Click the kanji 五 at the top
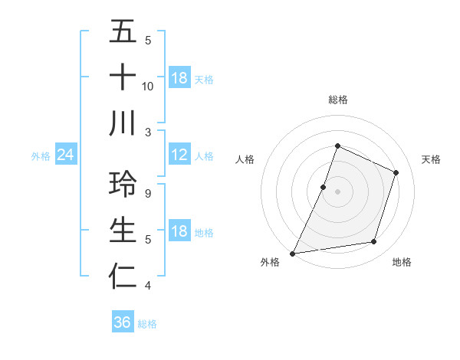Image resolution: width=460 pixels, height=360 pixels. point(123,32)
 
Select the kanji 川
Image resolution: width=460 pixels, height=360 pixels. point(123,123)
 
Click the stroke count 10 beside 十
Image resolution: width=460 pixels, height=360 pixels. point(148,86)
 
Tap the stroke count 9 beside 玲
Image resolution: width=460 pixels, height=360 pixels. point(148,193)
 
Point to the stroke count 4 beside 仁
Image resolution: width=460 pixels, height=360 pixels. point(148,285)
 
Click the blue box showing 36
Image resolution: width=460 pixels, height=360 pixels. point(122,322)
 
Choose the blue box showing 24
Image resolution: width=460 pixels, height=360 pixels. point(66,155)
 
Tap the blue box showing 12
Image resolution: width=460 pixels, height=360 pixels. point(179,155)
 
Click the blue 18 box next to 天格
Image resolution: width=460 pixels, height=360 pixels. point(179,78)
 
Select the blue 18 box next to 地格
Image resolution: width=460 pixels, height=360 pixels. point(179,232)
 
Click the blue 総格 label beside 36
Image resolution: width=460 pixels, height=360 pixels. point(147,324)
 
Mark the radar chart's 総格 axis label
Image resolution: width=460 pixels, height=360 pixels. point(337,100)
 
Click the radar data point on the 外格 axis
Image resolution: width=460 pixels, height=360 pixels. point(293,253)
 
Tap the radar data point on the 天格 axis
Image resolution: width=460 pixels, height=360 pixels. point(396,172)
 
